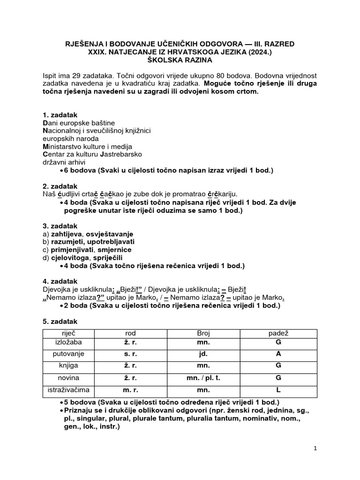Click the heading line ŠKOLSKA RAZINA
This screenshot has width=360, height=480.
click(x=180, y=60)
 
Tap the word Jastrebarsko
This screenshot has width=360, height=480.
click(x=120, y=154)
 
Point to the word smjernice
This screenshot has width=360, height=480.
click(x=114, y=250)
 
